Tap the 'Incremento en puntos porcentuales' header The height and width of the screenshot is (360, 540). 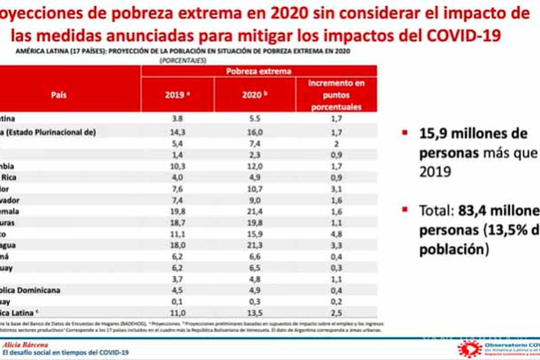click(336, 95)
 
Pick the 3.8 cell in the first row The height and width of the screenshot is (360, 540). click(177, 119)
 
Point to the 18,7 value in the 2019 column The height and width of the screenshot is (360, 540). click(177, 222)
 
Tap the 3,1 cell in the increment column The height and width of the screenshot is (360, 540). click(336, 189)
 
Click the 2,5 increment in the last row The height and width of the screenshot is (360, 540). click(336, 312)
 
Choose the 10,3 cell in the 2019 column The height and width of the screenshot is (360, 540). click(177, 166)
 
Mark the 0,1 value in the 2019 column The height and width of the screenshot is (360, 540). click(177, 301)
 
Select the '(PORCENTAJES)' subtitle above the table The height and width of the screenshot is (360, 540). click(182, 60)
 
